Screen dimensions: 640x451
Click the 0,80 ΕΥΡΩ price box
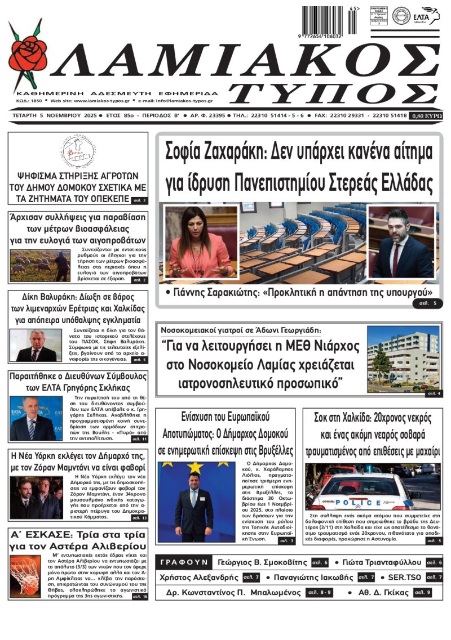click(427, 115)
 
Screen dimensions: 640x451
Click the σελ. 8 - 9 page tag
click(319, 593)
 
